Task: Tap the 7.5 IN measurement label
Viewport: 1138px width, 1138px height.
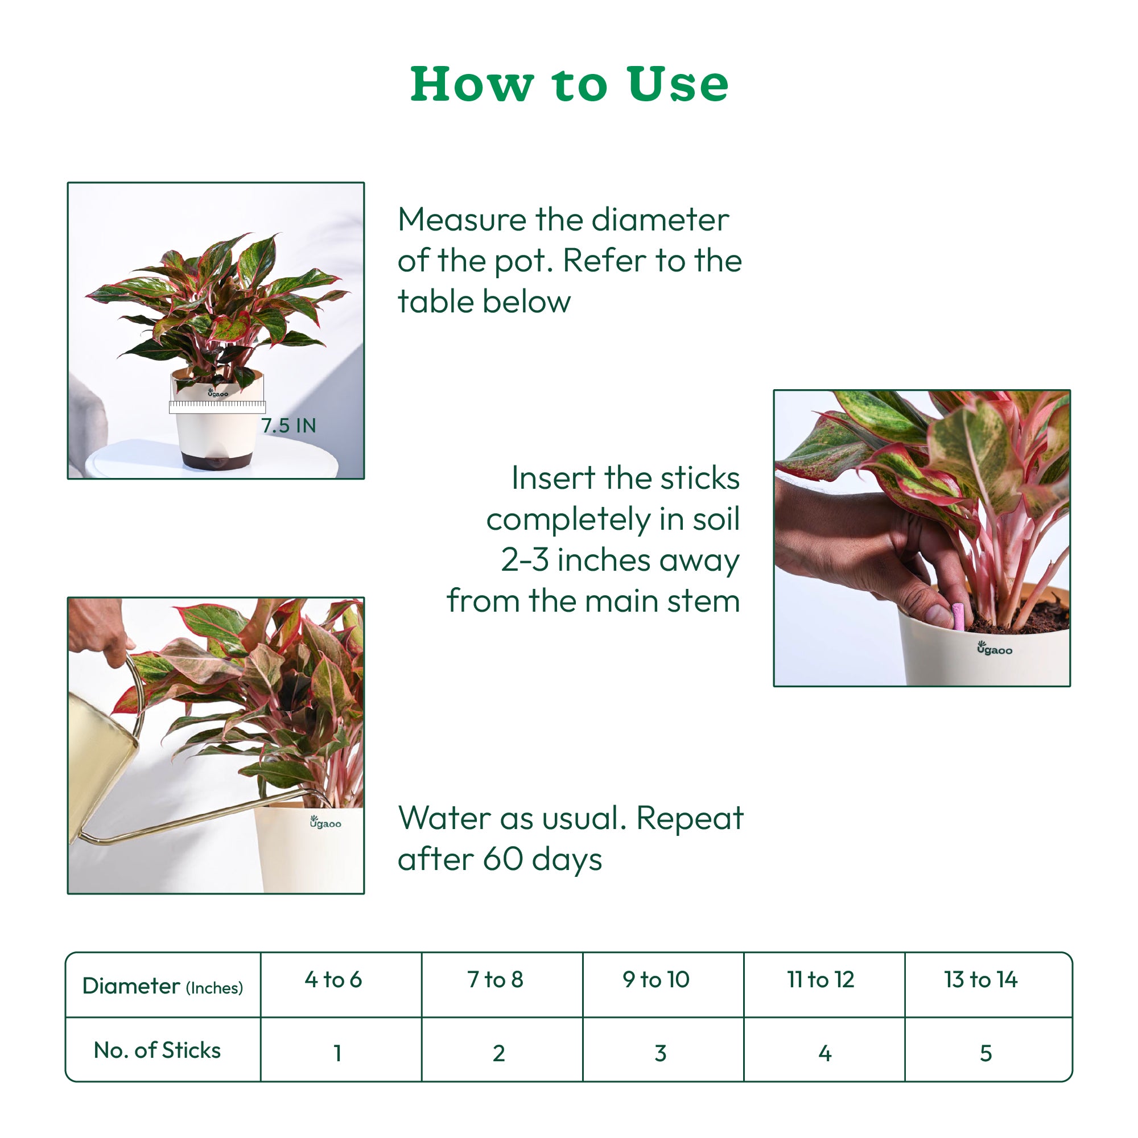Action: coord(288,425)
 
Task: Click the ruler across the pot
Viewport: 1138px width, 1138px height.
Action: coord(217,406)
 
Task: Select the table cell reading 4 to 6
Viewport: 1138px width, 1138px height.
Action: coord(333,980)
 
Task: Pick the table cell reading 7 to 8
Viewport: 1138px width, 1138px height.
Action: coord(496,980)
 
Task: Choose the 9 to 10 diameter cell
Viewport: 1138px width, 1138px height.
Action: coord(656,980)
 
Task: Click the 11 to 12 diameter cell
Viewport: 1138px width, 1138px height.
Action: coord(820,980)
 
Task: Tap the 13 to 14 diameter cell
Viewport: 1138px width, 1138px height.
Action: coord(981,980)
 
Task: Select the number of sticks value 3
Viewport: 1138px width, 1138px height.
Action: coord(660,1053)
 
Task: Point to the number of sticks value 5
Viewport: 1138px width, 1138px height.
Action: coord(986,1053)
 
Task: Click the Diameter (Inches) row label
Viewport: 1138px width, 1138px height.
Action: coord(163,986)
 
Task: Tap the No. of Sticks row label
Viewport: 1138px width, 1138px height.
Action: coord(157,1050)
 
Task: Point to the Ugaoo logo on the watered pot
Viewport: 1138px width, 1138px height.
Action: coord(325,822)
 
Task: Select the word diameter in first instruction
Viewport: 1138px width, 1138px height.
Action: coord(659,220)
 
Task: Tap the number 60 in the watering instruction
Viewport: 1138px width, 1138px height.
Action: coord(502,859)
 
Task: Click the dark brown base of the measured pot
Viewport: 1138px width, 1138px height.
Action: coord(217,459)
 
